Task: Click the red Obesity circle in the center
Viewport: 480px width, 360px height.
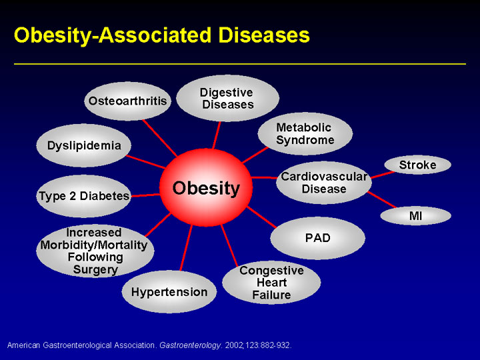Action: (206, 187)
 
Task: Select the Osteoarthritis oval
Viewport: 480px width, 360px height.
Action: (127, 101)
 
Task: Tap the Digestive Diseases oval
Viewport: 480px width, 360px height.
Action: (228, 98)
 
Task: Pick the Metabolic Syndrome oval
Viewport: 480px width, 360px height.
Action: (305, 134)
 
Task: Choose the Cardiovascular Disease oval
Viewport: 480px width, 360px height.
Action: (324, 183)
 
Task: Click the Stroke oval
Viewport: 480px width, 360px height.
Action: (417, 165)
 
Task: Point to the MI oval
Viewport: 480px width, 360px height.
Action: (415, 216)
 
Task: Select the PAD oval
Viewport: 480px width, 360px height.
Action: (317, 238)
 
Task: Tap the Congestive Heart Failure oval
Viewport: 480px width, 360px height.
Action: (271, 283)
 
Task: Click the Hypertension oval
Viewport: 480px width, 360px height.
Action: (169, 292)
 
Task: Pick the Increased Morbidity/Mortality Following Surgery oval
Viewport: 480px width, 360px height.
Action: (95, 251)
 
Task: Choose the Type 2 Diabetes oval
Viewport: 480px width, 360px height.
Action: (83, 196)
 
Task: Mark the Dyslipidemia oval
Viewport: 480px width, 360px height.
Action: (83, 145)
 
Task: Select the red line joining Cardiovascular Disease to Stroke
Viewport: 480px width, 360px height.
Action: (383, 175)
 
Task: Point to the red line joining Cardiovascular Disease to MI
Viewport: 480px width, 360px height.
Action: (382, 199)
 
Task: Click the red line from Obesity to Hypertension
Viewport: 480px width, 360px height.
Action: (186, 248)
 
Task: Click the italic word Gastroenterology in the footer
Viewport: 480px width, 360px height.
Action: (190, 345)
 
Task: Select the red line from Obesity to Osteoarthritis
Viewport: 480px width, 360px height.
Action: (159, 138)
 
